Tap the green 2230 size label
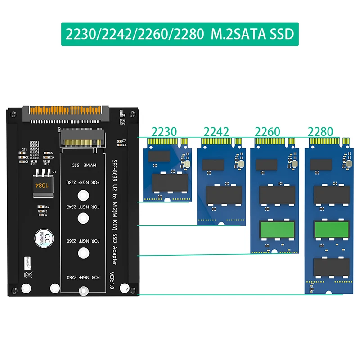pyautogui.click(x=164, y=132)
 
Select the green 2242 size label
pyautogui.click(x=216, y=132)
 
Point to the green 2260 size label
pyautogui.click(x=268, y=132)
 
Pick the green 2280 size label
pyautogui.click(x=320, y=132)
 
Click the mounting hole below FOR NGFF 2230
pyautogui.click(x=82, y=196)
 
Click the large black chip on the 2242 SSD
pyautogui.click(x=220, y=195)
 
